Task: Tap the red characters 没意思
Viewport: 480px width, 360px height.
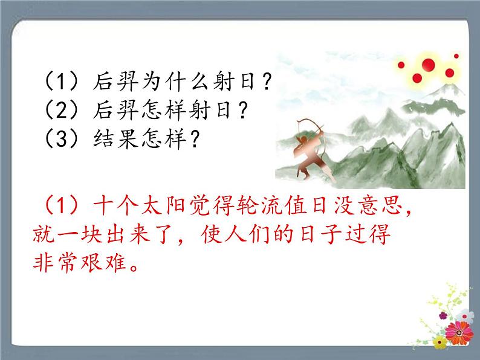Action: [x=368, y=205]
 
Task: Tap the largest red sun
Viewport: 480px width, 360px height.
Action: [x=428, y=65]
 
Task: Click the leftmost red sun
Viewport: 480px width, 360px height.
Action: [x=401, y=65]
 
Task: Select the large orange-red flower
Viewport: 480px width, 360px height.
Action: [x=459, y=333]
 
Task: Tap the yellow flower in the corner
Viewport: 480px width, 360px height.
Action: [x=440, y=342]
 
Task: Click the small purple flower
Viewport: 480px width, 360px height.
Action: [x=443, y=315]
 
